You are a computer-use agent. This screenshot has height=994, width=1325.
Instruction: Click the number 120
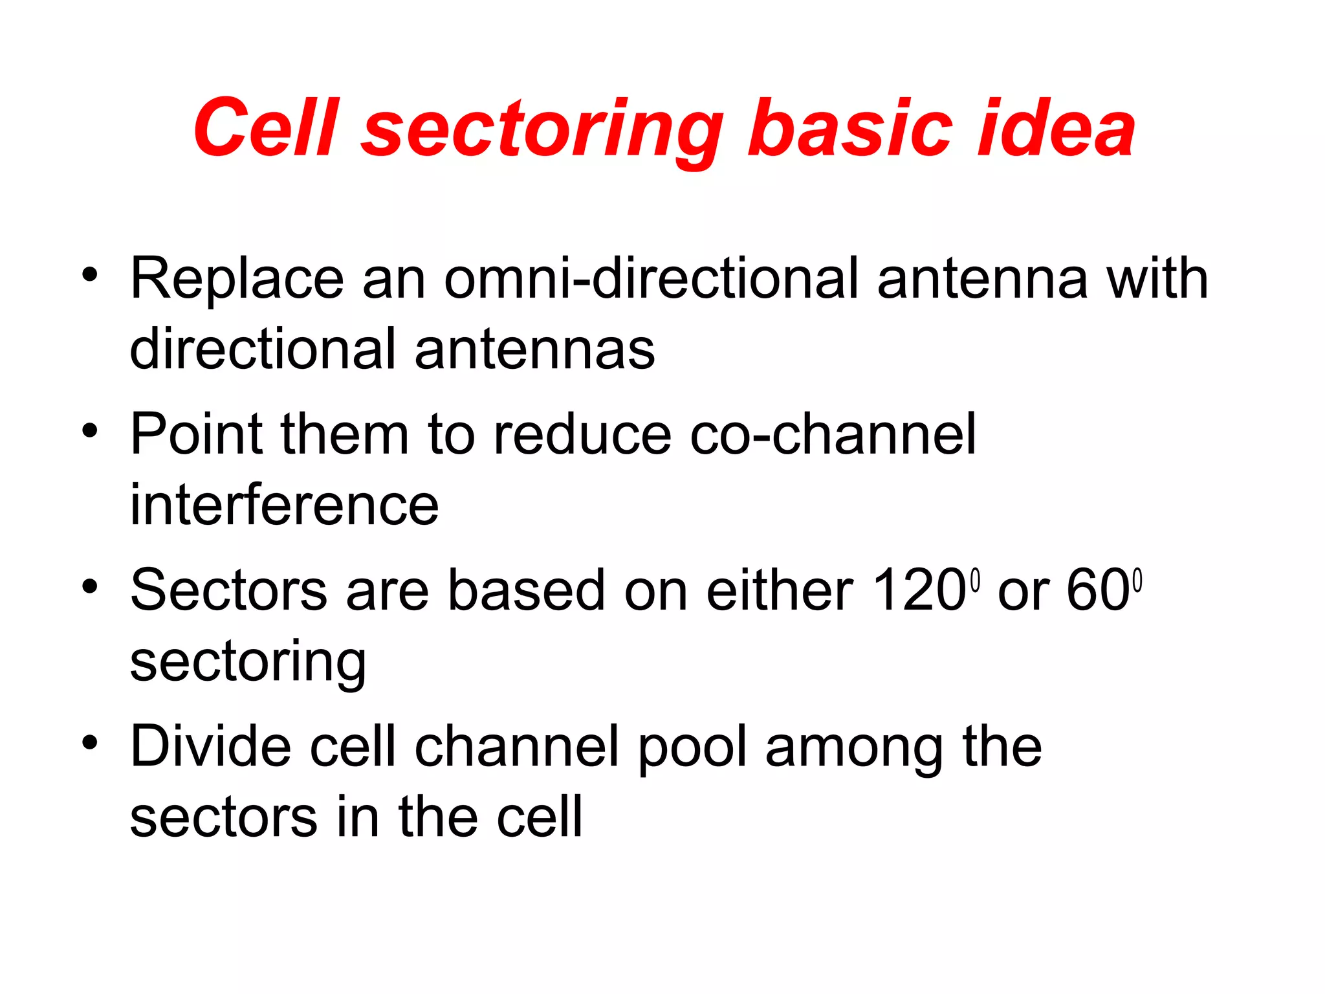click(x=919, y=590)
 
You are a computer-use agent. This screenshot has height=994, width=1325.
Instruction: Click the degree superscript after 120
click(x=976, y=580)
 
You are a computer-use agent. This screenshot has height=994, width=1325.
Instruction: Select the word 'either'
click(x=780, y=590)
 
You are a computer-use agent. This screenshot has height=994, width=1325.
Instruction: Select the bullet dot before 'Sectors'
click(x=90, y=586)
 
